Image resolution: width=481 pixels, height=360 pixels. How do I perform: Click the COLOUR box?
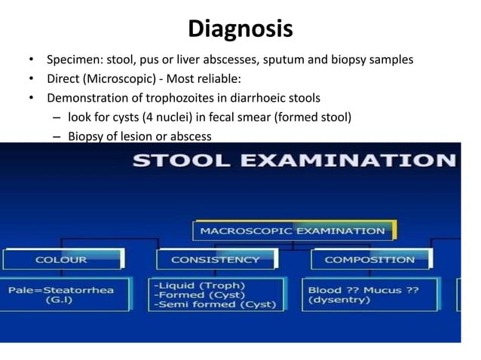point(61,260)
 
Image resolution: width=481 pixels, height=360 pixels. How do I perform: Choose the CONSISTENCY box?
point(215,260)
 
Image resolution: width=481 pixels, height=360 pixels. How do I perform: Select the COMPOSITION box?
point(369,260)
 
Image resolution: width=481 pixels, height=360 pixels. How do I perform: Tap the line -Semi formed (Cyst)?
point(216,305)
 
